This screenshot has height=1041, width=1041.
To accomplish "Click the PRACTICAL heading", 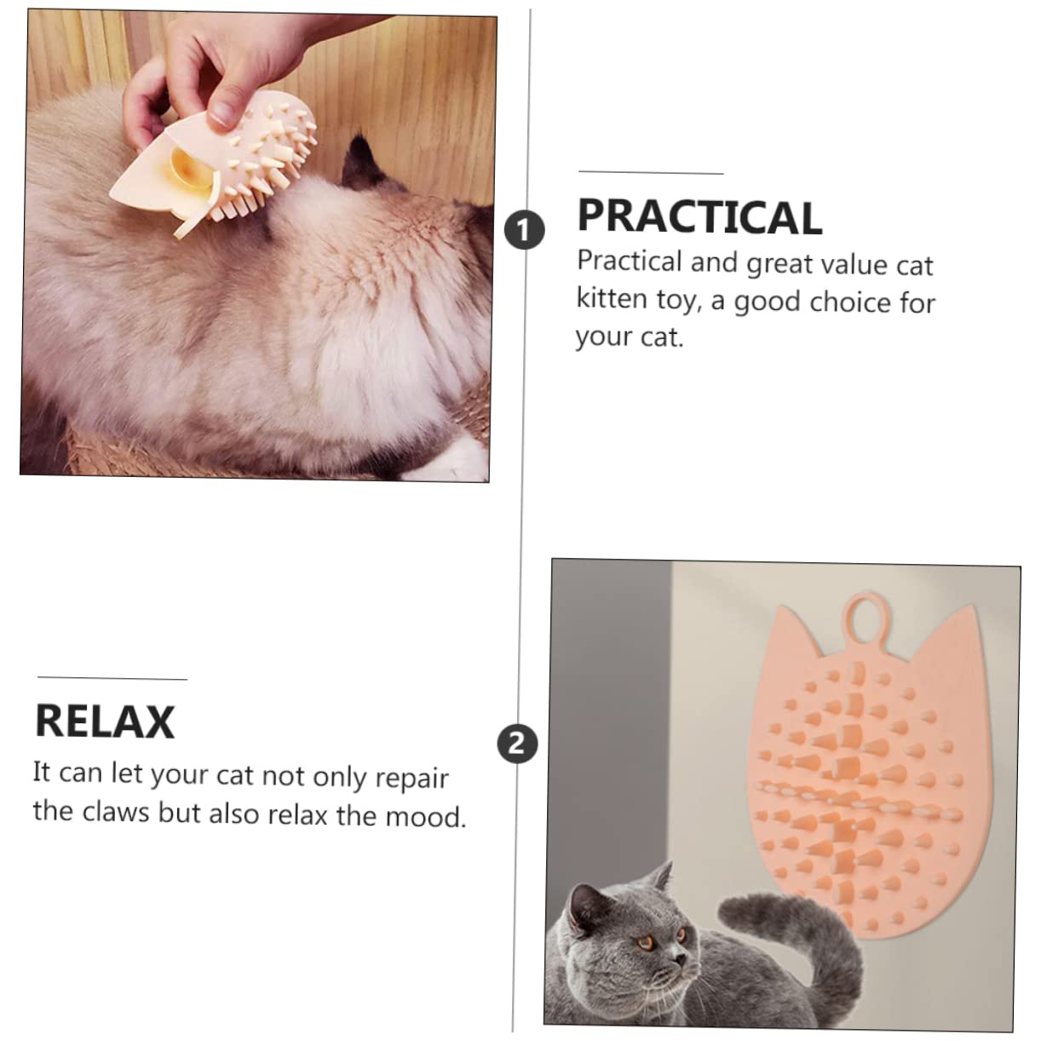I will (699, 216).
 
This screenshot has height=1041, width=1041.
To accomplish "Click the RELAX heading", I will (105, 722).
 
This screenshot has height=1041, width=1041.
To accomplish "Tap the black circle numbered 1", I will (524, 230).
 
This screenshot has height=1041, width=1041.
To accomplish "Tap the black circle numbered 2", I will (517, 744).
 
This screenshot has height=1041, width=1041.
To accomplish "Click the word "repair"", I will (411, 779).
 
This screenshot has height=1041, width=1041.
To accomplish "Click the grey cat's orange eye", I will (646, 941).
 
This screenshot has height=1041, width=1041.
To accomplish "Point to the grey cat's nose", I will (682, 960).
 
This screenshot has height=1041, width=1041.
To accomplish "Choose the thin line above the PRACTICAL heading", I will (651, 173).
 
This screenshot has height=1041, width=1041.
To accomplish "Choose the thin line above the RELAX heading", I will (112, 679).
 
